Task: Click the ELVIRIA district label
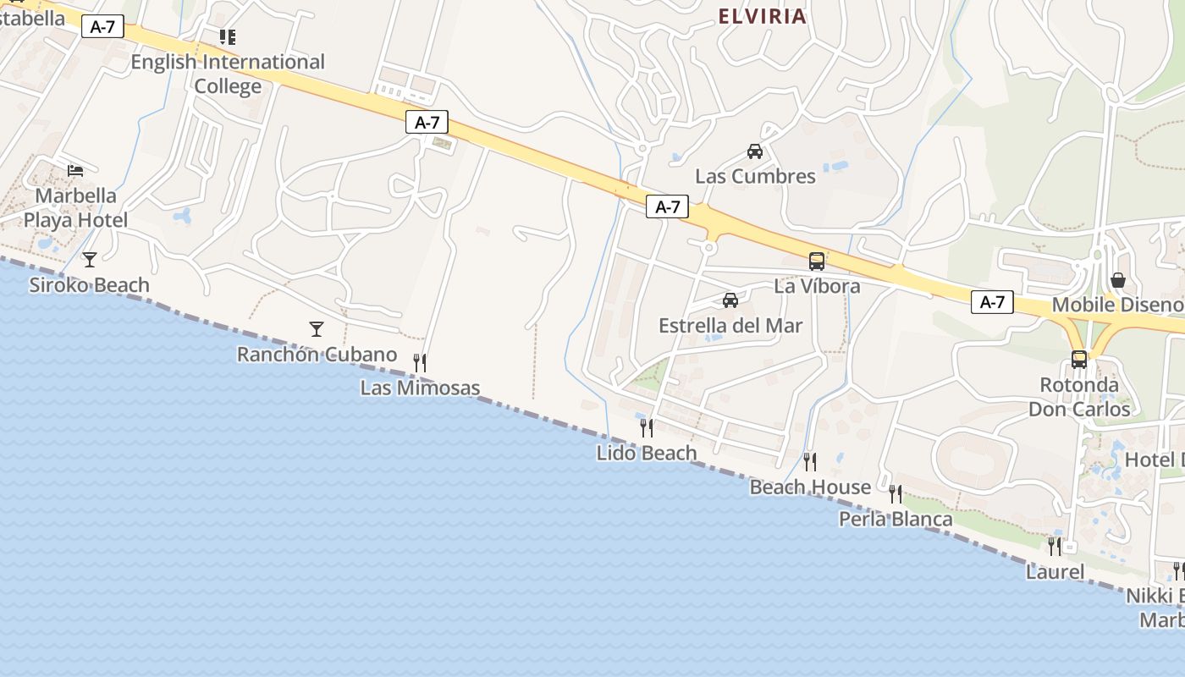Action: [x=762, y=16]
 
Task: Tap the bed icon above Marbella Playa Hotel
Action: [x=75, y=170]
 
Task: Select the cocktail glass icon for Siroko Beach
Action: [x=90, y=259]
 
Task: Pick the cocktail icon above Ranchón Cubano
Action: [x=317, y=328]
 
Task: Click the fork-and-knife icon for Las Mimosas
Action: [x=420, y=362]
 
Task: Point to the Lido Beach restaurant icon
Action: [x=647, y=427]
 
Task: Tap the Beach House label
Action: [x=810, y=487]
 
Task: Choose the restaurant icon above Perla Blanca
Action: [x=896, y=493]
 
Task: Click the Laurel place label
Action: [x=1055, y=572]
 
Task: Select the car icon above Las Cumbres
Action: [x=755, y=151]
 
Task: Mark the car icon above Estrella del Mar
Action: [x=730, y=300]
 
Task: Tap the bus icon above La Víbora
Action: [x=817, y=261]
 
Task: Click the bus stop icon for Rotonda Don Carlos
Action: [x=1079, y=359]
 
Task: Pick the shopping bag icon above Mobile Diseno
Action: [x=1118, y=279]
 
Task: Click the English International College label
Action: [x=228, y=74]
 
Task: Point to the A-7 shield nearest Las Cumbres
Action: [x=667, y=206]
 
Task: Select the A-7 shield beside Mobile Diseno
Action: [x=992, y=301]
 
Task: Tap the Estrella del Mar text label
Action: [x=730, y=326]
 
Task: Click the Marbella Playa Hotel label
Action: [x=76, y=208]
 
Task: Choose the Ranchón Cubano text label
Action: [x=317, y=355]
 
